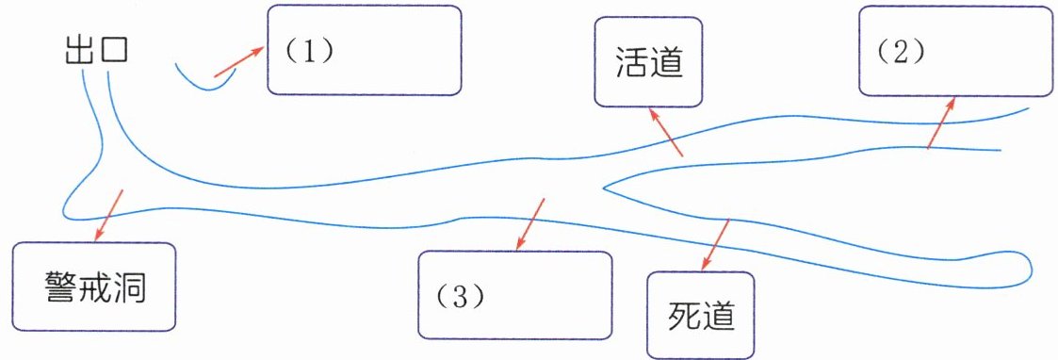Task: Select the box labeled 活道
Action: [648, 61]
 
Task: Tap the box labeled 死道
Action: [700, 315]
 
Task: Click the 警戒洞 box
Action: [94, 287]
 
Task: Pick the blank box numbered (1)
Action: [365, 50]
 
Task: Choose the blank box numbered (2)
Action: [953, 51]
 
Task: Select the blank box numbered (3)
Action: [514, 295]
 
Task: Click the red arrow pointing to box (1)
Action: [239, 62]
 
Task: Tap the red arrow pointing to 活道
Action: [665, 131]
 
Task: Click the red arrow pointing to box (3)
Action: [530, 224]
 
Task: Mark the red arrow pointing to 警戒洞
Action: [108, 215]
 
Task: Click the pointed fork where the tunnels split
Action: [604, 188]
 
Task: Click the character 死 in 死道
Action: [684, 316]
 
